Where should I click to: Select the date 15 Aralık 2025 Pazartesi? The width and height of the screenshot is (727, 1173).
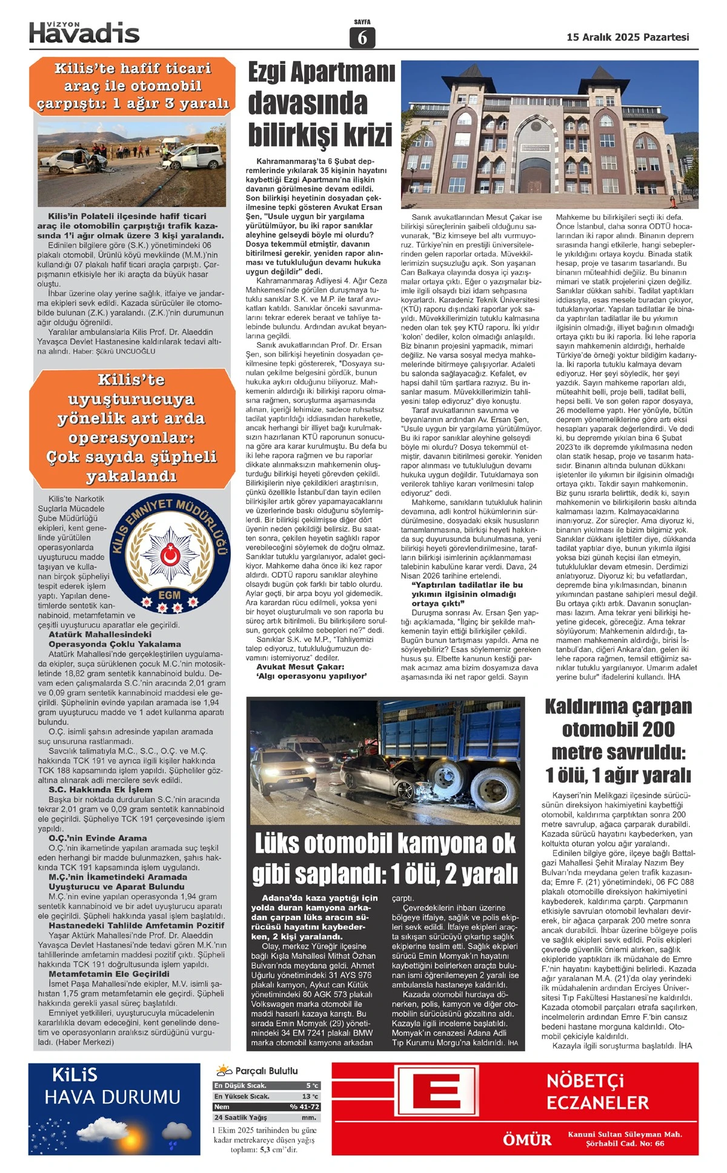(628, 37)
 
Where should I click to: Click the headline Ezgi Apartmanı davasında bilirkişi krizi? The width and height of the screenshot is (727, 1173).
(320, 104)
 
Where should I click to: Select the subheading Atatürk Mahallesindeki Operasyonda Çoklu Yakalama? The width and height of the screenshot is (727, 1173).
(115, 639)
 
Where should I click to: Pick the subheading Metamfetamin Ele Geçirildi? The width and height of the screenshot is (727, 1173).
(109, 974)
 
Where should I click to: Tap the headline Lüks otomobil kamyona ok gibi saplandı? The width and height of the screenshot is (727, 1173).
(385, 858)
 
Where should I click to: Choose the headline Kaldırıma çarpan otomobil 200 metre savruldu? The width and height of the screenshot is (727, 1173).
(618, 740)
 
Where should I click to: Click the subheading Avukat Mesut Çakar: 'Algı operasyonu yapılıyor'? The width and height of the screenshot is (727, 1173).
(311, 671)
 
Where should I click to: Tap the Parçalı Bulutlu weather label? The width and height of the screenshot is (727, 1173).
(267, 1071)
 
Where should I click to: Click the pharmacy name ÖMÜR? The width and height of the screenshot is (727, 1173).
(527, 1140)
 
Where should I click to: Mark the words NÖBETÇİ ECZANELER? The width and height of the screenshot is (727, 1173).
(597, 1091)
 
